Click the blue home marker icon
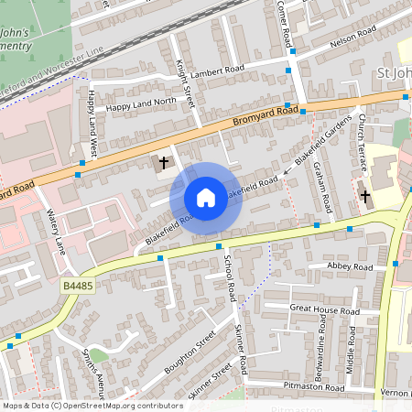tap(206, 197)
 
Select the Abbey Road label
tap(350, 266)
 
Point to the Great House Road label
tap(322, 309)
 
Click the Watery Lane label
tap(56, 232)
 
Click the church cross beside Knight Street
tap(164, 163)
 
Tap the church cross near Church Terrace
tap(365, 196)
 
